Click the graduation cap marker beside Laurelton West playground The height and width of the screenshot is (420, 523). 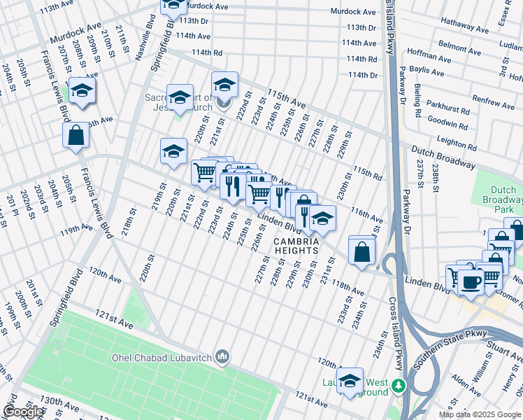(x=350, y=381)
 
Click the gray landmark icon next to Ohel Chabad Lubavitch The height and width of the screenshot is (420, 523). (x=222, y=358)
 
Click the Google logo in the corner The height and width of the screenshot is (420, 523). (x=23, y=412)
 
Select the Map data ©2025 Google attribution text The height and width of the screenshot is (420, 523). (x=480, y=414)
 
